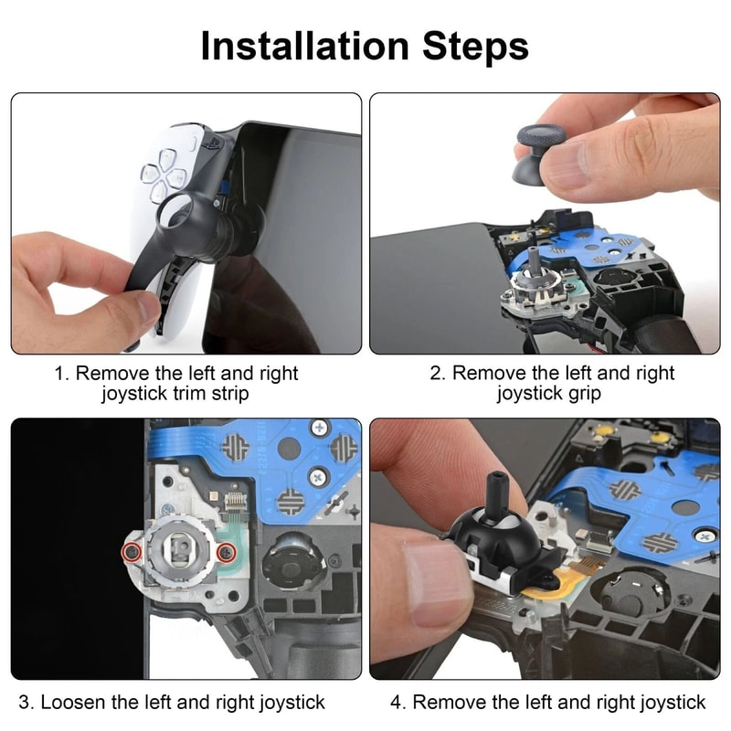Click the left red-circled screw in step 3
(132, 551)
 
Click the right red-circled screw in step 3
(225, 551)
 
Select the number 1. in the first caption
(61, 374)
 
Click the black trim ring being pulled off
(183, 224)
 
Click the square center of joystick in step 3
(179, 551)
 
